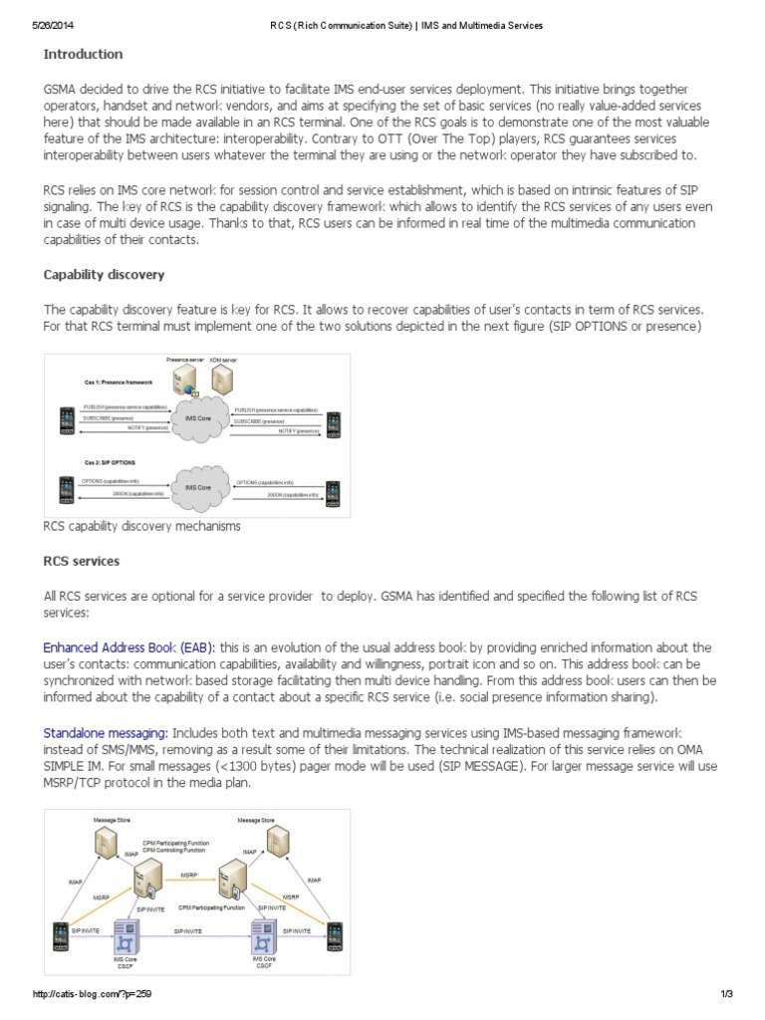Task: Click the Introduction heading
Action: pos(83,54)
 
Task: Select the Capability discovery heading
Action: pos(104,274)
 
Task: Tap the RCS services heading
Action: pos(81,561)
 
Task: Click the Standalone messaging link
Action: pos(105,733)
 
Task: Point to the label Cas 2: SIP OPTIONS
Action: pos(110,464)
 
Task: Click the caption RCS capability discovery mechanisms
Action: pos(141,525)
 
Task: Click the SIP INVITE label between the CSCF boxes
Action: pos(193,930)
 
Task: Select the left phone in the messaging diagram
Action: pos(62,937)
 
